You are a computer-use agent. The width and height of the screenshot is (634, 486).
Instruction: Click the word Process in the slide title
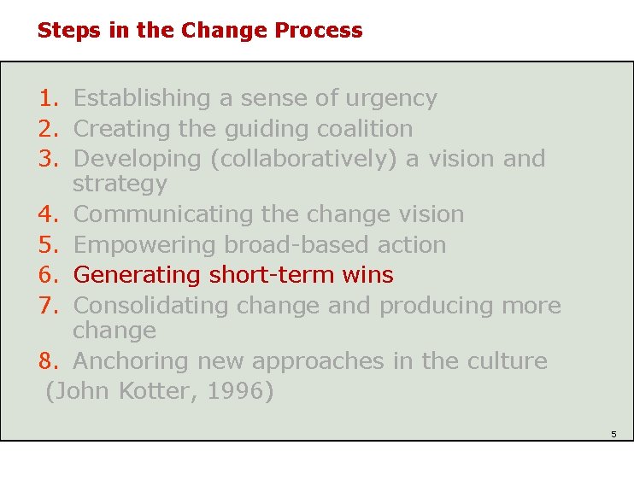pos(319,31)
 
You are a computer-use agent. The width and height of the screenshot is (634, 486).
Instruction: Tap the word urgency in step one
pos(390,99)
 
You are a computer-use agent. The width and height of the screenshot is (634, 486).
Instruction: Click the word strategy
pos(120,184)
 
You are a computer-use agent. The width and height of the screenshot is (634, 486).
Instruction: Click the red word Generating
pos(136,275)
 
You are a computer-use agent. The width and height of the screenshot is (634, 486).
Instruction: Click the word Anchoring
pos(132,361)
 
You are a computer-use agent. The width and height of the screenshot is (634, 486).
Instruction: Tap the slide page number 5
pos(613,435)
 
